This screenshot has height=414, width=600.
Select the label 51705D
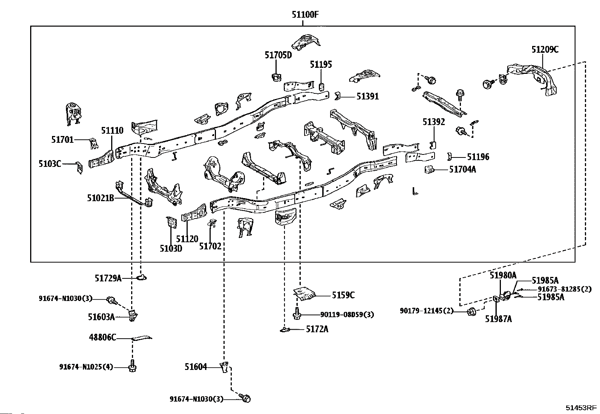pyautogui.click(x=278, y=55)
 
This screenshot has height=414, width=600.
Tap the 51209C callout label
pyautogui.click(x=545, y=49)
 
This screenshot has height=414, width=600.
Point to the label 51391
pyautogui.click(x=367, y=96)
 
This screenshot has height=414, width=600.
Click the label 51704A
pyautogui.click(x=462, y=170)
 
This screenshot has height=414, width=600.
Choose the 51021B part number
pyautogui.click(x=101, y=198)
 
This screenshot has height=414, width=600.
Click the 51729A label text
pyautogui.click(x=108, y=278)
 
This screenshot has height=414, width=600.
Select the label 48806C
pyautogui.click(x=103, y=338)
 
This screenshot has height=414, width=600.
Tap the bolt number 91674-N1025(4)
pyautogui.click(x=86, y=367)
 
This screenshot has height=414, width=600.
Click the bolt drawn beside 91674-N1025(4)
pyautogui.click(x=132, y=367)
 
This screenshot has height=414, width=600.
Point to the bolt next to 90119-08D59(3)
pyautogui.click(x=297, y=314)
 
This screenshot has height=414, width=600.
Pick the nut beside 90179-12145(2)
pyautogui.click(x=471, y=312)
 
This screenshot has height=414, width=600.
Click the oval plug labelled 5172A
pyautogui.click(x=285, y=330)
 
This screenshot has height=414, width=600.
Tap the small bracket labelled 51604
pyautogui.click(x=225, y=367)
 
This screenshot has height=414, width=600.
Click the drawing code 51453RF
pyautogui.click(x=581, y=408)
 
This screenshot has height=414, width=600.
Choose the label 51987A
pyautogui.click(x=498, y=319)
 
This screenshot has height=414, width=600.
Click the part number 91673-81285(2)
pyautogui.click(x=564, y=289)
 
